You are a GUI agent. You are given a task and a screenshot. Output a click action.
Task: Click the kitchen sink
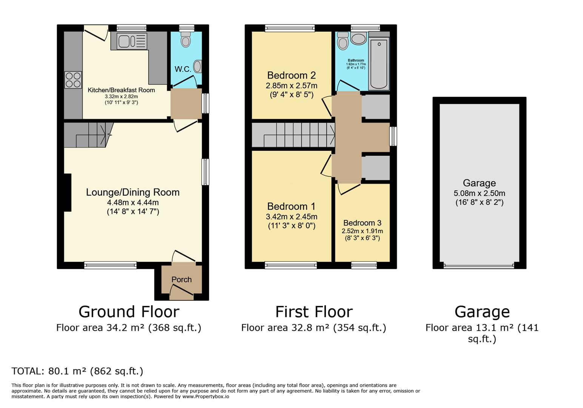click(132, 41)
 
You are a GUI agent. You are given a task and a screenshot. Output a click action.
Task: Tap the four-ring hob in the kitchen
click(73, 80)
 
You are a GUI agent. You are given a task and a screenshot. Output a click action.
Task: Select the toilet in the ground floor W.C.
click(185, 39)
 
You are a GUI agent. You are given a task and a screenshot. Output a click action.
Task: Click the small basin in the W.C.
click(197, 66)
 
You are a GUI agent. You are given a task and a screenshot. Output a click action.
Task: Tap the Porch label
click(182, 280)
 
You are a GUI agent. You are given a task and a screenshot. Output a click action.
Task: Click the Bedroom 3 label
click(362, 223)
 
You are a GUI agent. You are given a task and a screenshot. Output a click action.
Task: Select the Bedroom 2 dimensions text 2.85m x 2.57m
click(291, 86)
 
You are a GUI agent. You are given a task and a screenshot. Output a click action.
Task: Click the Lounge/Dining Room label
click(133, 192)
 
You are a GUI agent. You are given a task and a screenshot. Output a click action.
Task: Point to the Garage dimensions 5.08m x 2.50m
click(479, 193)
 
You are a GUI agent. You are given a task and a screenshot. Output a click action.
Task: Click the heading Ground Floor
click(129, 312)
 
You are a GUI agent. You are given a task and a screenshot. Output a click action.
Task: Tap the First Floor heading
click(314, 312)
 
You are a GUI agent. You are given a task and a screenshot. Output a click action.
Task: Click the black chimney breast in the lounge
click(67, 192)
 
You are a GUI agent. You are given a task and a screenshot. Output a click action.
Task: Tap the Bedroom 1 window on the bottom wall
click(291, 265)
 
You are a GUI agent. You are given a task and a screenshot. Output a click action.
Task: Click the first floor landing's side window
click(393, 136)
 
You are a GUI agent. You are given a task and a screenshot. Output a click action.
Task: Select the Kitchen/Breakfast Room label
click(121, 90)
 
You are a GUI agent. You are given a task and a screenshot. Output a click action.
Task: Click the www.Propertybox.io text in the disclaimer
click(206, 397)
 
